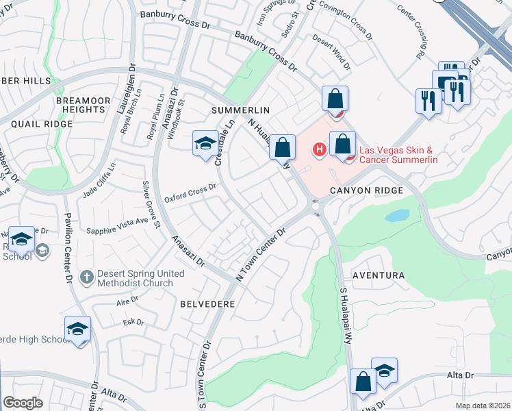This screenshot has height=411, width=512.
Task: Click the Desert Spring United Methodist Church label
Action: coord(141,277)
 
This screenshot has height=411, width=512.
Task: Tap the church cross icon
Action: coord(86,277)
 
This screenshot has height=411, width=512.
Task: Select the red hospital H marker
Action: coord(318,148)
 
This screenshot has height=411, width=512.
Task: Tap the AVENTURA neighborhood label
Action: coord(379,275)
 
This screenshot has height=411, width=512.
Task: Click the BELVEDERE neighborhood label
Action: coord(207,303)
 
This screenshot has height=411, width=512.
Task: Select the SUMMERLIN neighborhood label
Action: coord(241,110)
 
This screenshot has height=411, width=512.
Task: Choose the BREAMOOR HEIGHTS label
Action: coord(83,105)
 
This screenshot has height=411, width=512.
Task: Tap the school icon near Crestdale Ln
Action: coord(205,143)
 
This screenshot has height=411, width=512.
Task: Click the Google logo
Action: coord(23,403)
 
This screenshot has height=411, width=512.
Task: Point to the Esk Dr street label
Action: coord(133,322)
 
